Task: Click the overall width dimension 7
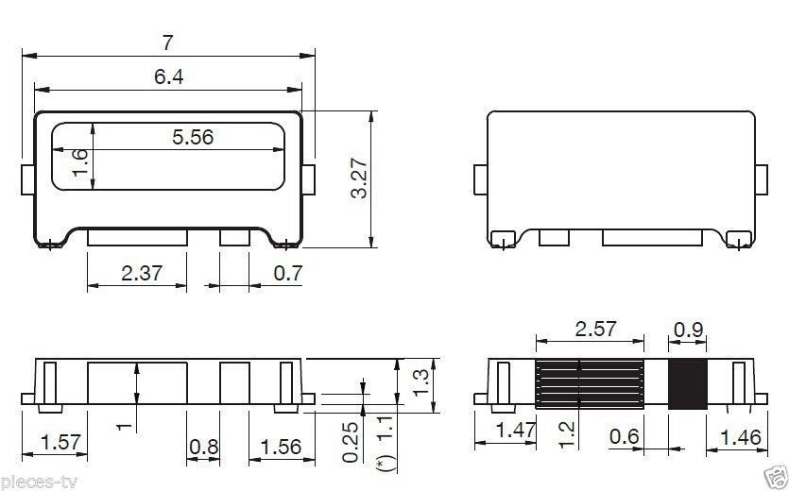pyautogui.click(x=168, y=42)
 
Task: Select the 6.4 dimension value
pyautogui.click(x=168, y=77)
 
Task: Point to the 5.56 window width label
pyautogui.click(x=193, y=137)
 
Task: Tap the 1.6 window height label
pyautogui.click(x=80, y=161)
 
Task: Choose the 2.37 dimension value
pyautogui.click(x=142, y=274)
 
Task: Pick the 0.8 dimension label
pyautogui.click(x=204, y=447)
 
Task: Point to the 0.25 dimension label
pyautogui.click(x=352, y=442)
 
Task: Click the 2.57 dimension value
pyautogui.click(x=595, y=329)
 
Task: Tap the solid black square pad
pyautogui.click(x=688, y=384)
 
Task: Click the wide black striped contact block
pyautogui.click(x=590, y=384)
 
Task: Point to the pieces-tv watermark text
pyautogui.click(x=41, y=483)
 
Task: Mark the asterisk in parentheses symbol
pyautogui.click(x=382, y=466)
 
